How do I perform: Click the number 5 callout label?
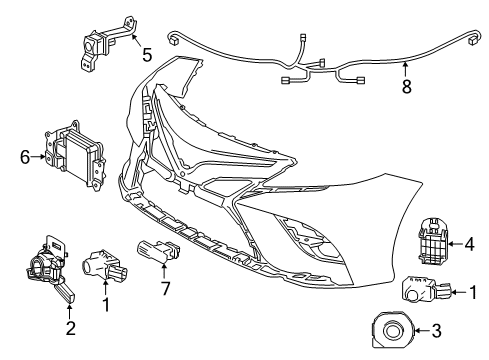pos(146,54)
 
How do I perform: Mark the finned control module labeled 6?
pos(72,153)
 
